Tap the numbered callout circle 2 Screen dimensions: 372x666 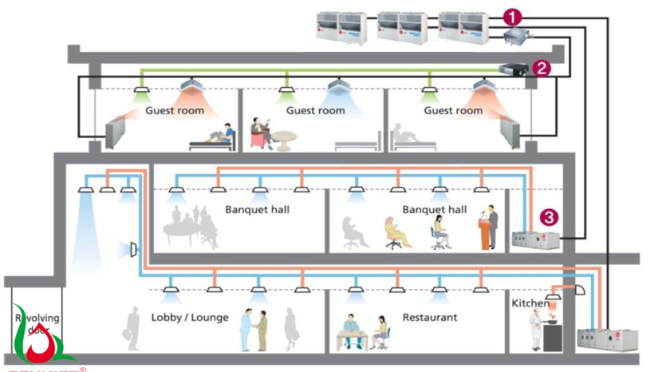pyautogui.click(x=542, y=68)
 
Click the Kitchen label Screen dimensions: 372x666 pyautogui.click(x=530, y=304)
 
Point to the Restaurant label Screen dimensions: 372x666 pyautogui.click(x=430, y=318)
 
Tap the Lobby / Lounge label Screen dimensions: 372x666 pyautogui.click(x=190, y=318)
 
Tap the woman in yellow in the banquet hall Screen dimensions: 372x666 pyautogui.click(x=394, y=232)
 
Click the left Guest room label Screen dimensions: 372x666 pyautogui.click(x=175, y=110)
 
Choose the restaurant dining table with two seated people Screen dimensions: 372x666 pyautogui.click(x=361, y=334)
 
